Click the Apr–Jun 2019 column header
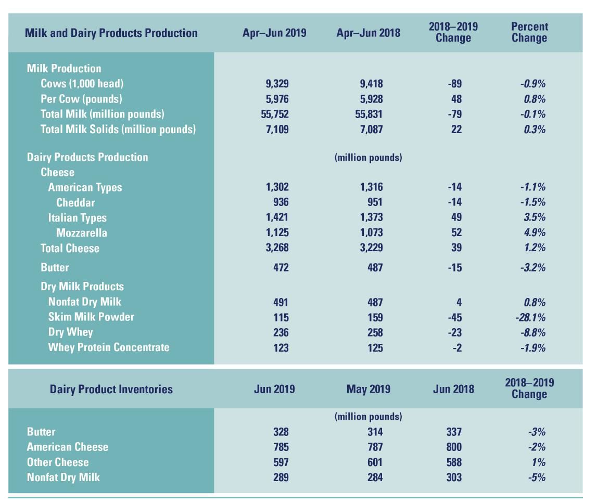click(274, 33)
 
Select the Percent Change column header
click(529, 32)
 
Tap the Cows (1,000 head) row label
click(82, 84)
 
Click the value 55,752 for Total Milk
click(274, 114)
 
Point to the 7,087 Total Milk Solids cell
click(369, 129)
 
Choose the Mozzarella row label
click(82, 233)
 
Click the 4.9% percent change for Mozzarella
click(535, 232)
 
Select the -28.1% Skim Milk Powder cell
click(532, 317)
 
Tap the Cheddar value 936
click(281, 202)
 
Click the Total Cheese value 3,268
click(277, 248)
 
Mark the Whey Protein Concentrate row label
click(109, 347)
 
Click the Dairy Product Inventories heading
click(111, 389)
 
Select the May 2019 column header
click(369, 389)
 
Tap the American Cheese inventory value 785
click(281, 447)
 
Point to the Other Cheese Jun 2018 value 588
click(453, 462)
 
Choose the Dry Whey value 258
click(372, 332)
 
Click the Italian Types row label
click(77, 218)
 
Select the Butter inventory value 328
click(281, 432)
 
